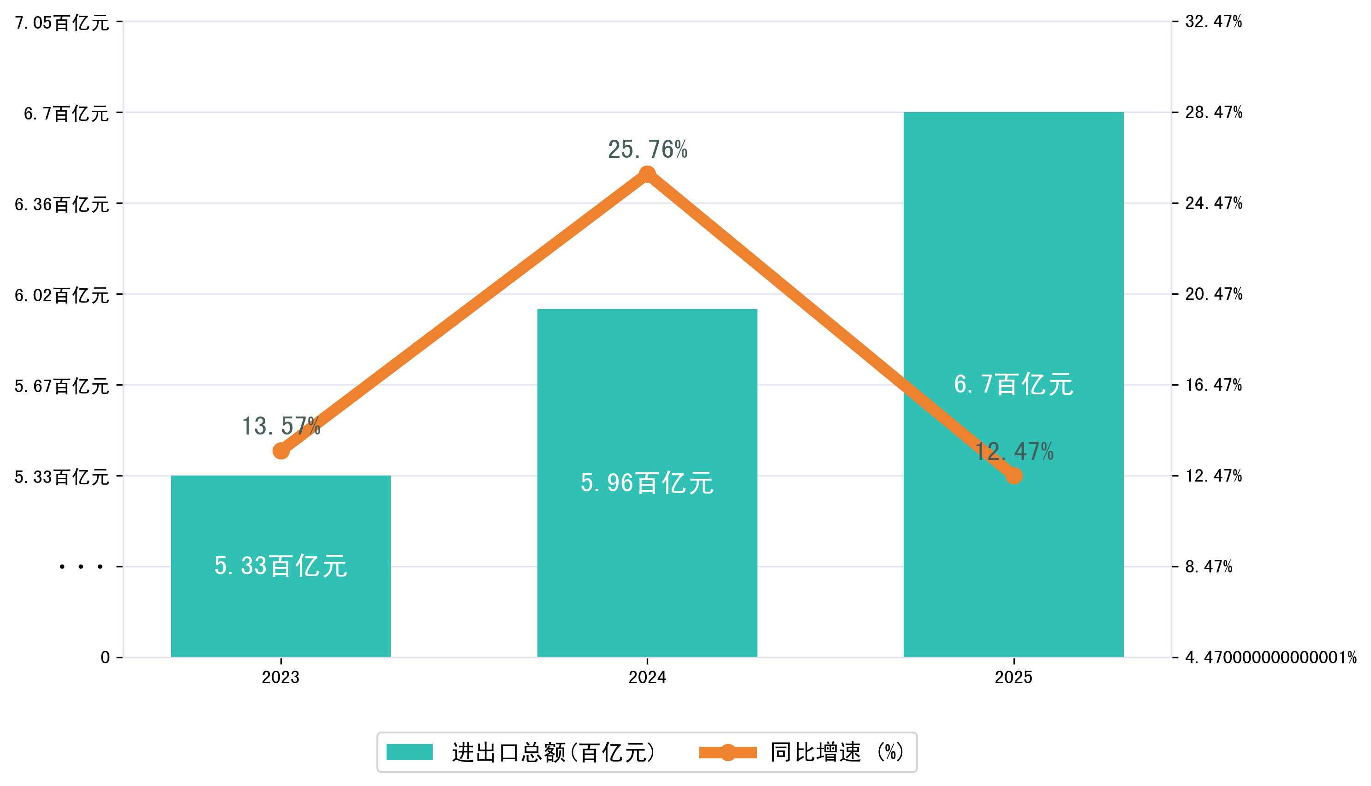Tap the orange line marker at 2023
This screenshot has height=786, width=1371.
point(280,451)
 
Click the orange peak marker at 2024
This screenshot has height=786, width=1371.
point(647,174)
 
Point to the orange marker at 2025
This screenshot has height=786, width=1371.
point(1013,476)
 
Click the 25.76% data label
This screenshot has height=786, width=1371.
point(647,149)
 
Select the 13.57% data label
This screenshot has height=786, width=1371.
point(280,427)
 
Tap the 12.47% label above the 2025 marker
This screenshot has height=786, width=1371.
point(1013,451)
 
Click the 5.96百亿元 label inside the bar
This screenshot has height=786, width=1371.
point(647,482)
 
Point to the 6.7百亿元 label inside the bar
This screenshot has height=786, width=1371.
point(1013,384)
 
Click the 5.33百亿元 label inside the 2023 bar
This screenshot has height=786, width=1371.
point(280,566)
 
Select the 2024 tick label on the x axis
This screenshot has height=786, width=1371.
point(647,677)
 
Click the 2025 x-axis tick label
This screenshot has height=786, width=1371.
point(1013,677)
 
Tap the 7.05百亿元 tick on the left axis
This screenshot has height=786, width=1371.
point(62,23)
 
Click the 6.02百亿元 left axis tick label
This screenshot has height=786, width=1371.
point(62,295)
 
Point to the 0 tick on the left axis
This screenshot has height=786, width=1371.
point(105,657)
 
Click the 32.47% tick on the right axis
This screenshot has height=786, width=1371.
point(1213,22)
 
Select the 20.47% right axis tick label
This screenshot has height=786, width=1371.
point(1213,294)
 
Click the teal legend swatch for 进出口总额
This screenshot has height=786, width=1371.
point(409,752)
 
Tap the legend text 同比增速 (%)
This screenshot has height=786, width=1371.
point(837,752)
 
